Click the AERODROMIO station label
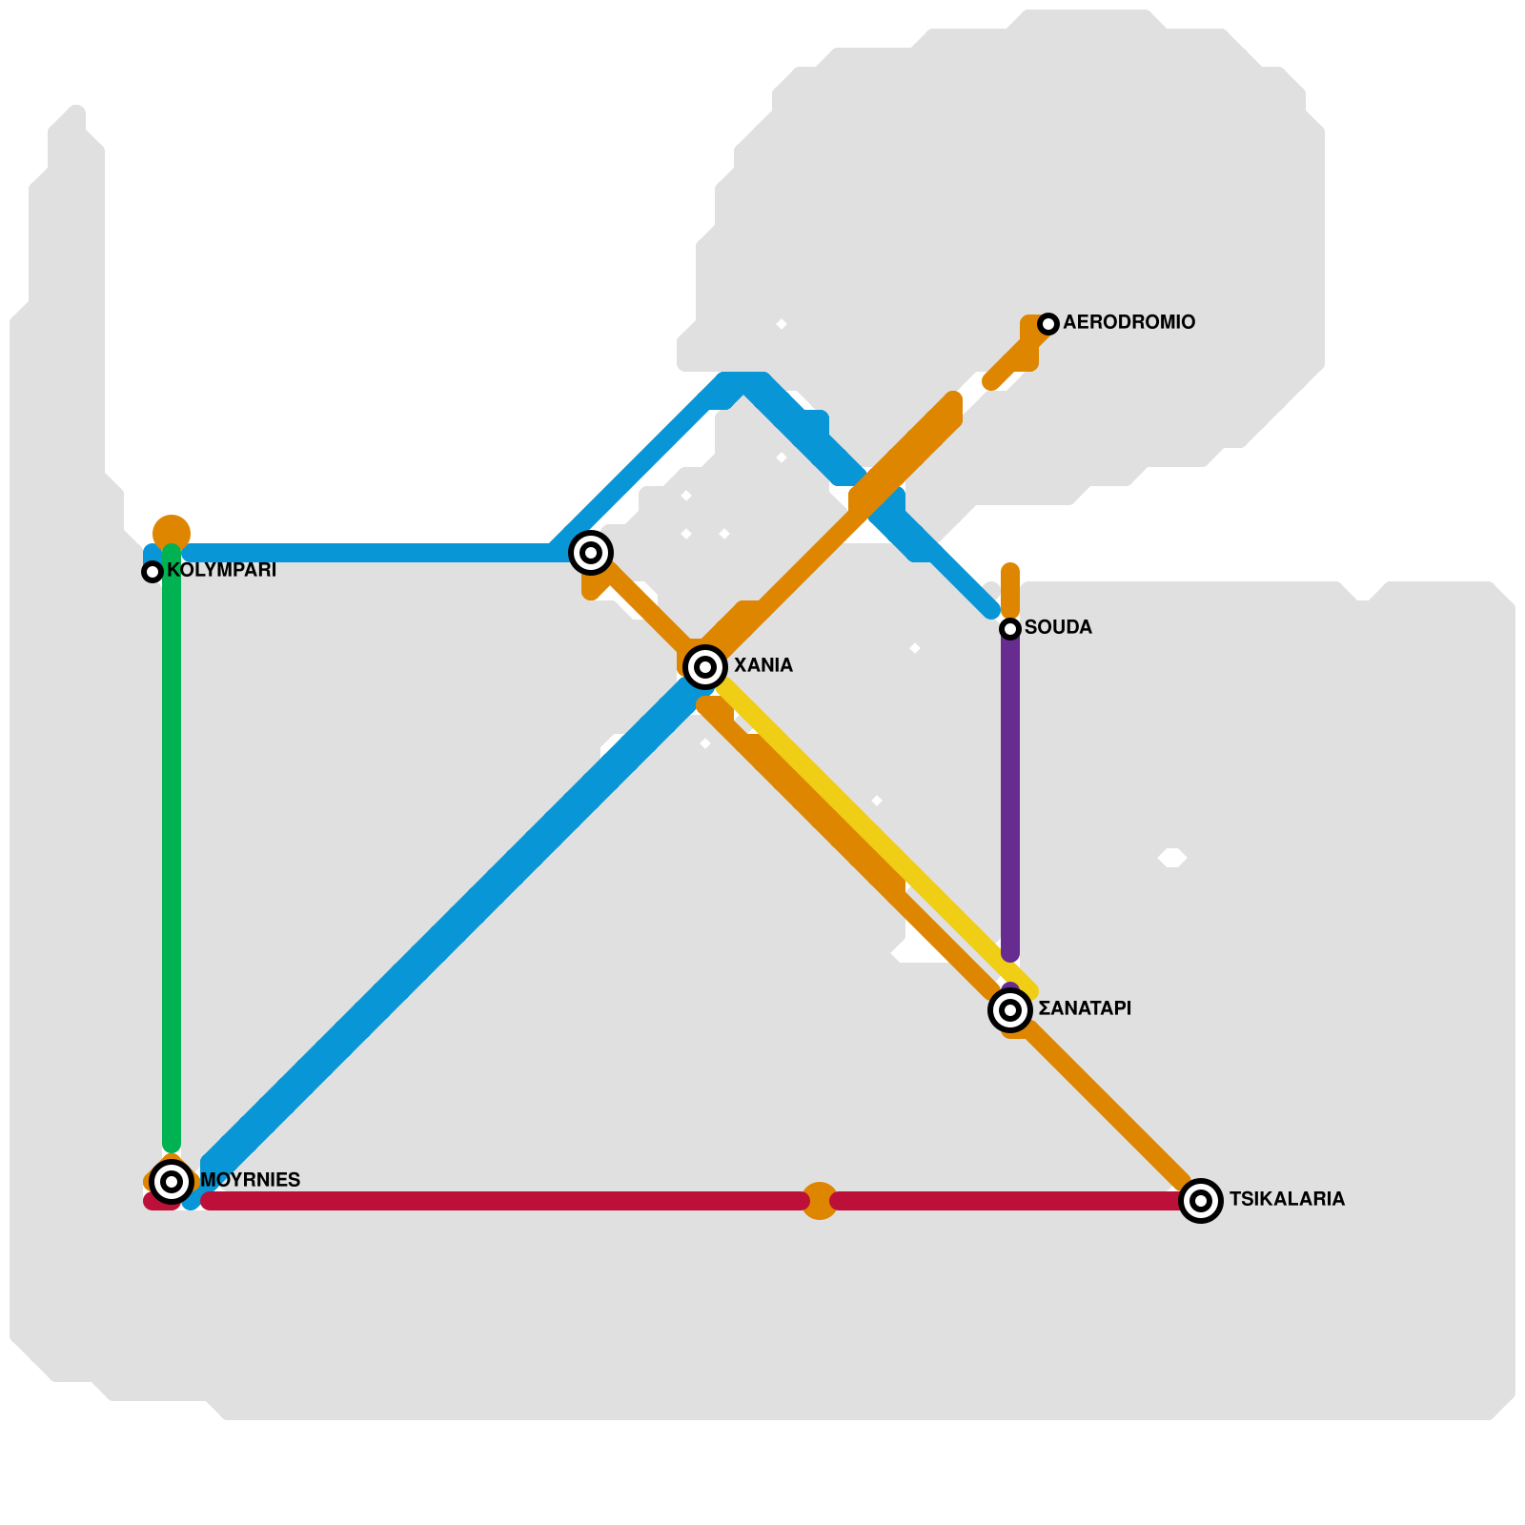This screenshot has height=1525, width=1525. click(1128, 323)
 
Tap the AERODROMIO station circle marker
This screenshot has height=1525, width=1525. click(1048, 324)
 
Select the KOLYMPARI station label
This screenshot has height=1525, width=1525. click(221, 571)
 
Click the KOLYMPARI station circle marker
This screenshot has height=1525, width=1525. click(152, 572)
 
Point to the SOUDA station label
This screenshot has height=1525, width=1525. click(1058, 628)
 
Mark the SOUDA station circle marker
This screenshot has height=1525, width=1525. click(1010, 629)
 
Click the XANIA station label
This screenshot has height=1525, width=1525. click(763, 666)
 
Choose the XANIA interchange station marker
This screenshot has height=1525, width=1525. click(705, 667)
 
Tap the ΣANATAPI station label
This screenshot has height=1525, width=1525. click(1085, 1009)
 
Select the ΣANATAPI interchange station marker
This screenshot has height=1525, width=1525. click(1010, 1010)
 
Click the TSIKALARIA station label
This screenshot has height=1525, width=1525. click(1287, 1200)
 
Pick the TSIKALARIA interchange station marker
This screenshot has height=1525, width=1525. click(1201, 1201)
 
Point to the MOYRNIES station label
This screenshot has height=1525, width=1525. click(250, 1181)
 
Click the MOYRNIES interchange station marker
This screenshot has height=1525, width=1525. click(172, 1182)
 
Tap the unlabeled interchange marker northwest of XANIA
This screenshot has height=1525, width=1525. click(591, 553)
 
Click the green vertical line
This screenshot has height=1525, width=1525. click(172, 858)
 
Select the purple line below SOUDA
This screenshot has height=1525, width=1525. click(1010, 791)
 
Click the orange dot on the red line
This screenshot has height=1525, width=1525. click(820, 1201)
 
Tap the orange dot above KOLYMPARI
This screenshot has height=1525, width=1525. click(172, 531)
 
